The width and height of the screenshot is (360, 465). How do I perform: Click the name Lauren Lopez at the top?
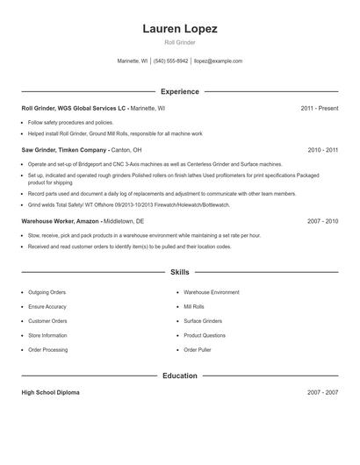coord(180,28)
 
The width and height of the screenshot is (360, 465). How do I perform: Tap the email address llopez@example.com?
coord(218,61)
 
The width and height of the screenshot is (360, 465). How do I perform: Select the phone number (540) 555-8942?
coord(170,61)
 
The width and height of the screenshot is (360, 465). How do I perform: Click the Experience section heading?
coord(180,91)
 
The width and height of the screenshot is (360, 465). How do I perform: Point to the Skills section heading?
coord(180,273)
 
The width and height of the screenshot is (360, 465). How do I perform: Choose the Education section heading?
coord(180,376)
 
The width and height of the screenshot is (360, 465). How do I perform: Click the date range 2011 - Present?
coord(319,108)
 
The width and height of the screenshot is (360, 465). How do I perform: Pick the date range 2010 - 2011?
coord(322,150)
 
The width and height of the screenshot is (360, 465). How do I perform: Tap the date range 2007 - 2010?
coord(322,221)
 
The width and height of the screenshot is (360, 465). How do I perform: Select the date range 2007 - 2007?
coord(322,392)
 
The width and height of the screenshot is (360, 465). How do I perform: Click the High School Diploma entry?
coord(50,392)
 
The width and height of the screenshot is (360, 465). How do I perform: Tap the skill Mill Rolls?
coord(193,306)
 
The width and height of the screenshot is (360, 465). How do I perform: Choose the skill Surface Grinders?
coord(202,321)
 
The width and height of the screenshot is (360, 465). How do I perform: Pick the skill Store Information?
coord(47,335)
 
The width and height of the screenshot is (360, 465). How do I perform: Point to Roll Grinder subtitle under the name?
coord(180,42)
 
